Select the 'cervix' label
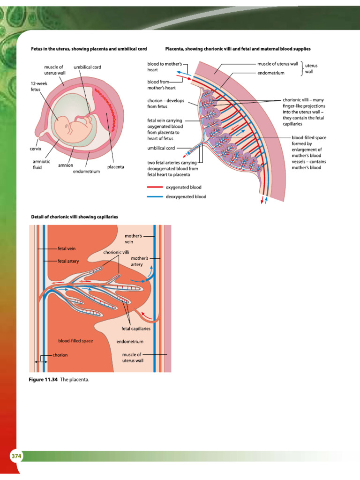coord(37,148)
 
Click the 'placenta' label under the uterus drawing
coord(115,167)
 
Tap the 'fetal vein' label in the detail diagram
coord(66,248)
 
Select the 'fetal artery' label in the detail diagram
coord(68,261)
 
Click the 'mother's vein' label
coord(133,239)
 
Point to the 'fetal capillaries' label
coord(136,329)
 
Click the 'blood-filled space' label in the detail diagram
coord(75,341)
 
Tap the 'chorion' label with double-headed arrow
coord(60,355)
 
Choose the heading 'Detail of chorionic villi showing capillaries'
coord(74,217)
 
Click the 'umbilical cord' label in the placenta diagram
coord(161,148)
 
